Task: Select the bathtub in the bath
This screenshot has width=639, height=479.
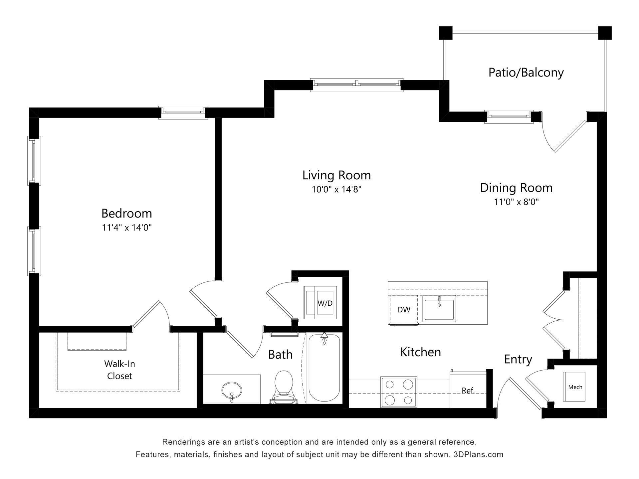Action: (324, 369)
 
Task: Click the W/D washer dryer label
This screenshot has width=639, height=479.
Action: (325, 303)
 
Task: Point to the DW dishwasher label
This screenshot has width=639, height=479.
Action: (404, 310)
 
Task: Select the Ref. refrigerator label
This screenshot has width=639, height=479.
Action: (468, 391)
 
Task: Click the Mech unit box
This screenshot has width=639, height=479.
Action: (575, 387)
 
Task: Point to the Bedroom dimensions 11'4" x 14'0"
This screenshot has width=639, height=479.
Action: (127, 228)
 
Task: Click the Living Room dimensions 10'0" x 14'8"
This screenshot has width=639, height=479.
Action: (336, 190)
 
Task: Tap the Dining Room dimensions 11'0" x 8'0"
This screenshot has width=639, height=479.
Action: (516, 202)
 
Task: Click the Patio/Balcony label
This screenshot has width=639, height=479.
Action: (526, 73)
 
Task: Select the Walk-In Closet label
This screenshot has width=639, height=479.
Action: (119, 370)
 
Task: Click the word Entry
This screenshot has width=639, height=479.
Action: (518, 359)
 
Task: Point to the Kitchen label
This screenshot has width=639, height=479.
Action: (420, 352)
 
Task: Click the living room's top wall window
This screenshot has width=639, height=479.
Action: (356, 85)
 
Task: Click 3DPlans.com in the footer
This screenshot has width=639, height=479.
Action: (478, 454)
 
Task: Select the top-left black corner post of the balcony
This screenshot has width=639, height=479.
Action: (445, 33)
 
